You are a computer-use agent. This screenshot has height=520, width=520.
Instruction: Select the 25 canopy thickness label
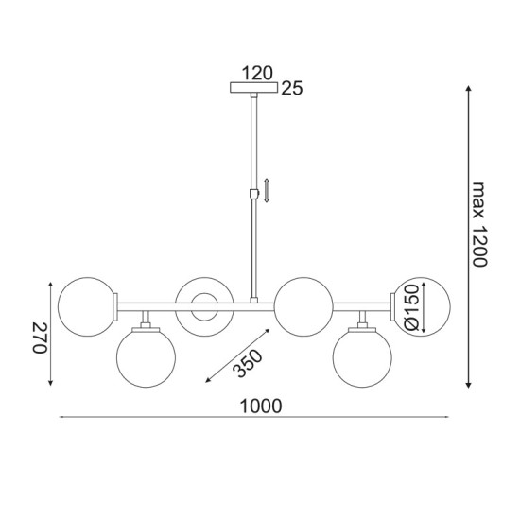pos(291,90)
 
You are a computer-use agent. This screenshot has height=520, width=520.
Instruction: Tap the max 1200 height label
pos(480,224)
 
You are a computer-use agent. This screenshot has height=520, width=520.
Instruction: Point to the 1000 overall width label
pos(262,406)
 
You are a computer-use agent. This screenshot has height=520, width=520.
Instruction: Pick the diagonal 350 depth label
pos(248,363)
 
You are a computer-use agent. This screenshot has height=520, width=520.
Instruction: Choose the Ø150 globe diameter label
pos(411,310)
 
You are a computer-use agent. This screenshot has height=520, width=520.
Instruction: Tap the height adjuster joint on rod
pos(253,194)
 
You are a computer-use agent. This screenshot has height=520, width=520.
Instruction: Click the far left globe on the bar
pos(85,305)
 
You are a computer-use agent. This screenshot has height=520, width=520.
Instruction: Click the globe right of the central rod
pos(302,305)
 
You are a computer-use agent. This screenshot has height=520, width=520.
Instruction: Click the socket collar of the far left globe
pos(115,305)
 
